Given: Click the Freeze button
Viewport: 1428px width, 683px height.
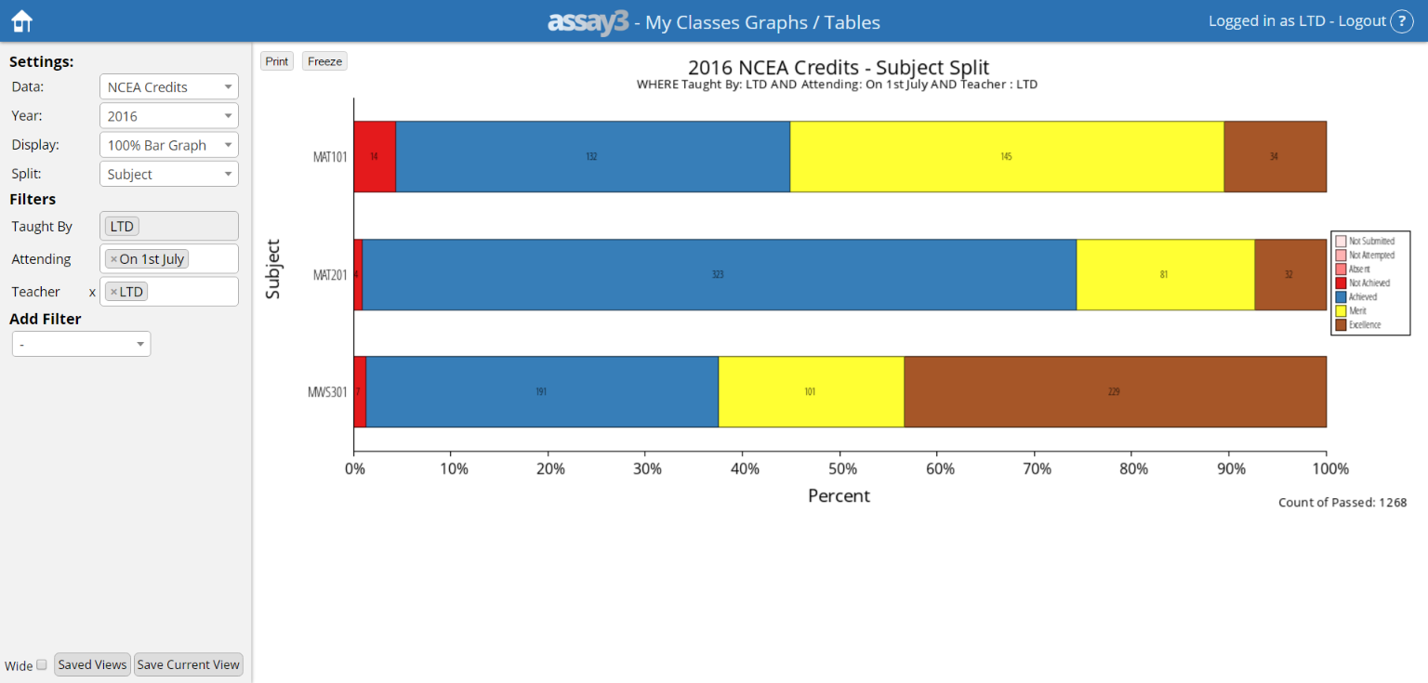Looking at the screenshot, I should [324, 61].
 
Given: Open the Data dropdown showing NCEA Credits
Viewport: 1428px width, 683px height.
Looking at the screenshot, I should [168, 87].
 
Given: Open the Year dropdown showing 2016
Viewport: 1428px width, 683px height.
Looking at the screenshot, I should [168, 116].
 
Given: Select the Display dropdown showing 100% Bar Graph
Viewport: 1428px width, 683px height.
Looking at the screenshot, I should [168, 145].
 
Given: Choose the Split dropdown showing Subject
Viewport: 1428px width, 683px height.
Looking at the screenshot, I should [168, 175].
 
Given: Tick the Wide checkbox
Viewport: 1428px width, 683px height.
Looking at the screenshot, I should [42, 665].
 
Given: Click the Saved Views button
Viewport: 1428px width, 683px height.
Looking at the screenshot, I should [92, 664].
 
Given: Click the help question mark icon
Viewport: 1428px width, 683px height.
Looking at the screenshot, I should [1401, 21].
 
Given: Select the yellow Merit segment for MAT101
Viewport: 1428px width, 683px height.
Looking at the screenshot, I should [1006, 156].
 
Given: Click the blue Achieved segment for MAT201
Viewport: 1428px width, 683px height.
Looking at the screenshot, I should [718, 274].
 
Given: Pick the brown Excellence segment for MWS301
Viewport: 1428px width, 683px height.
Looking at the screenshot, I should [1114, 391].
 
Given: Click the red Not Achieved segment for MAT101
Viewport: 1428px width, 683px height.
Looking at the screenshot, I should [375, 156].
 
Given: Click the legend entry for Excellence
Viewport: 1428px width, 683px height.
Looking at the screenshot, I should [1364, 325].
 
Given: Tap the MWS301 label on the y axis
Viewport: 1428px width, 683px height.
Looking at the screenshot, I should [327, 392].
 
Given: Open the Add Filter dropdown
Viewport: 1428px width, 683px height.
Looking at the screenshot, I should [81, 345].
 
